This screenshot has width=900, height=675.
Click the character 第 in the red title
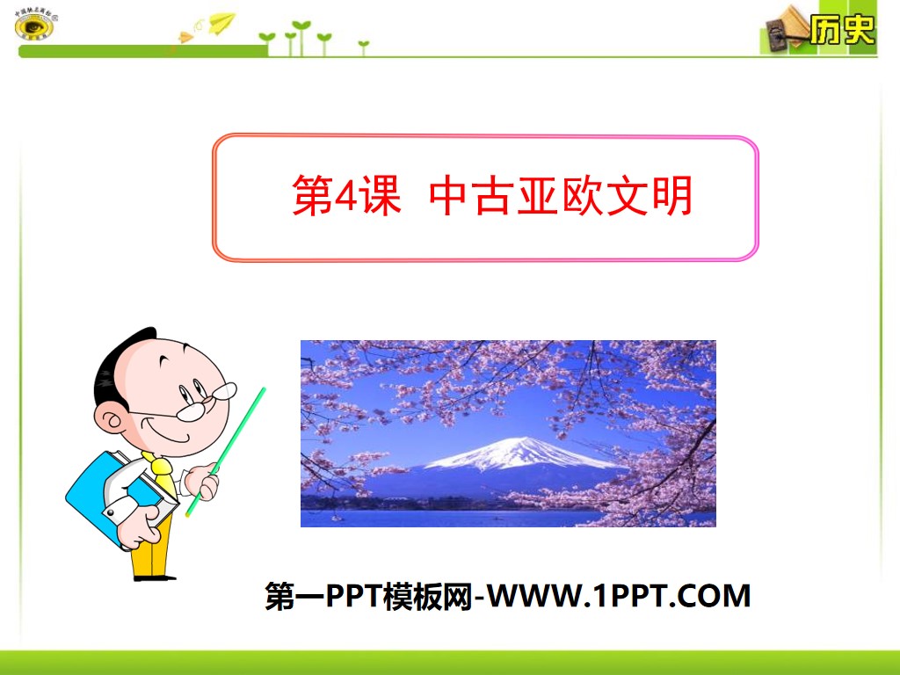tap(311, 197)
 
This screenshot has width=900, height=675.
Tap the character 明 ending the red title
tap(672, 197)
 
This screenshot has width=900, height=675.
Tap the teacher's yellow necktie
tap(162, 474)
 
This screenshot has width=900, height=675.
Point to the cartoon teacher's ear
tap(112, 420)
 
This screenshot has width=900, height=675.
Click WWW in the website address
tap(533, 597)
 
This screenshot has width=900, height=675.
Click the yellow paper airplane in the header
tap(222, 20)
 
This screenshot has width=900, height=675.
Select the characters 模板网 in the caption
tap(434, 597)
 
